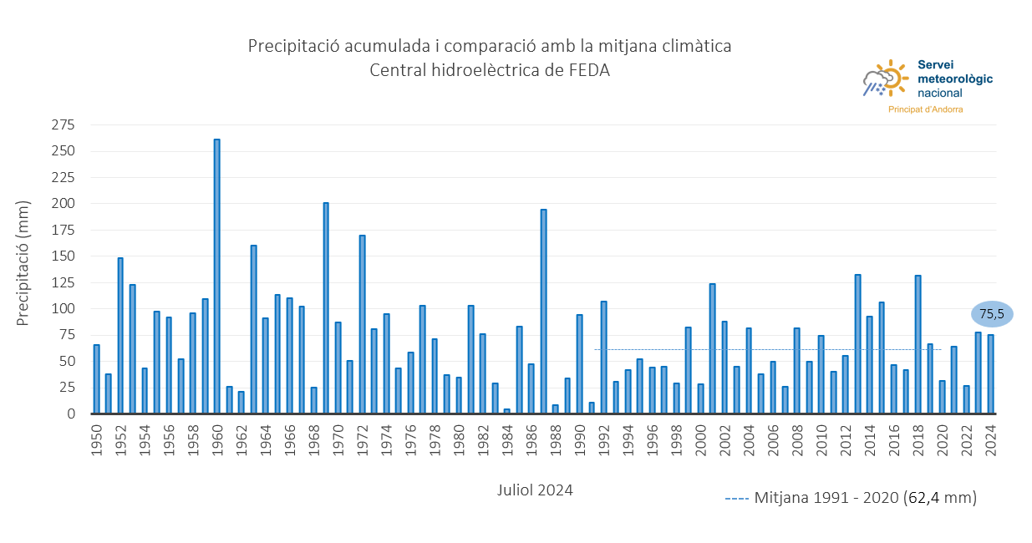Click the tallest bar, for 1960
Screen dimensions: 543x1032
(217, 276)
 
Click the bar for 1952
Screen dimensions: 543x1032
(120, 335)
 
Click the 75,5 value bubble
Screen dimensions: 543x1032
(992, 314)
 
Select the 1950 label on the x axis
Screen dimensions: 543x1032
(96, 438)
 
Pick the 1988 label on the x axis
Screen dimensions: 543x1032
(555, 438)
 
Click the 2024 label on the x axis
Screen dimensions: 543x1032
(990, 438)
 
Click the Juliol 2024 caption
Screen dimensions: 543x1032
(535, 490)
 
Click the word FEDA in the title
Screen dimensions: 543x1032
(591, 70)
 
